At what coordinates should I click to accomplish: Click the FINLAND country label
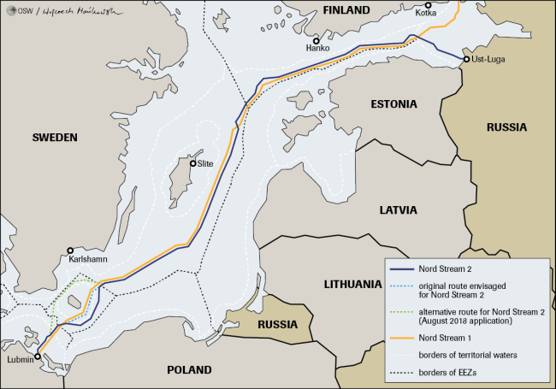[346, 10]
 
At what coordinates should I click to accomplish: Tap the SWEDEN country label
[55, 138]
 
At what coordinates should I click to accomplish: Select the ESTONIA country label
[393, 104]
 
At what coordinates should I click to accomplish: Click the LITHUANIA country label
[352, 284]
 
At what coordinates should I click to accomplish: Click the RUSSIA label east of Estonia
[506, 127]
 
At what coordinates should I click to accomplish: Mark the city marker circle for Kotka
[429, 6]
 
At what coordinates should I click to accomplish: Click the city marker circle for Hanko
[316, 40]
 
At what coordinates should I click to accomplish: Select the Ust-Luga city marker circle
[465, 59]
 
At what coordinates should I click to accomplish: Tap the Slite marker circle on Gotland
[193, 163]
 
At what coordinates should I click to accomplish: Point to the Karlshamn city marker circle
[71, 251]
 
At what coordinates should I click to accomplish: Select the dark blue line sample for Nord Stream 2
[399, 270]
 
